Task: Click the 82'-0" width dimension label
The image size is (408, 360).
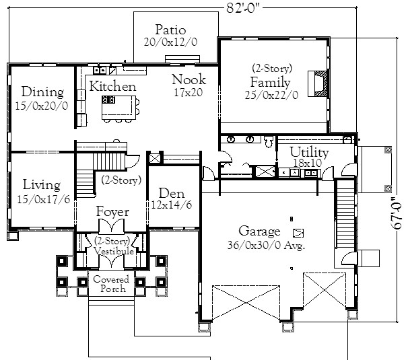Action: click(x=243, y=8)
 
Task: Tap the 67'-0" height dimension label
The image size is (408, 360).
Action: click(x=397, y=213)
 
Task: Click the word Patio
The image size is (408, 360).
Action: click(x=171, y=30)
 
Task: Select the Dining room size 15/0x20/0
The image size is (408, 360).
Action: click(x=42, y=106)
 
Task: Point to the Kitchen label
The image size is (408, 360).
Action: click(x=112, y=86)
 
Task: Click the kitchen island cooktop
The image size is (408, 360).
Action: click(x=108, y=100)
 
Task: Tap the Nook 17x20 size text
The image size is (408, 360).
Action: click(x=189, y=93)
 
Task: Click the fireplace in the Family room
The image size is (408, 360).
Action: click(x=317, y=83)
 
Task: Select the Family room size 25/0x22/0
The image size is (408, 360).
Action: click(x=271, y=95)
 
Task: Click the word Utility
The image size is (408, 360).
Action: click(x=309, y=152)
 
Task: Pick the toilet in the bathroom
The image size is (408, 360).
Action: click(x=268, y=141)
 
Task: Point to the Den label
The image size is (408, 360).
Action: click(x=172, y=193)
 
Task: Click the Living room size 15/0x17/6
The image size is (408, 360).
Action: click(x=44, y=199)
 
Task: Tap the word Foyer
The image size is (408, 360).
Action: click(x=112, y=211)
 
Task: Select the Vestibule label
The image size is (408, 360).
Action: click(x=114, y=251)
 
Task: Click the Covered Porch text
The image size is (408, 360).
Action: click(x=111, y=284)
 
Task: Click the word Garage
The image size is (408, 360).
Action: click(x=259, y=231)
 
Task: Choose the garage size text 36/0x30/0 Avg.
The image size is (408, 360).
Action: click(x=266, y=246)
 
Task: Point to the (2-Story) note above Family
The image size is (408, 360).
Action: click(x=272, y=69)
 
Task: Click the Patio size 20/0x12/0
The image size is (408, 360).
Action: click(x=171, y=42)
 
